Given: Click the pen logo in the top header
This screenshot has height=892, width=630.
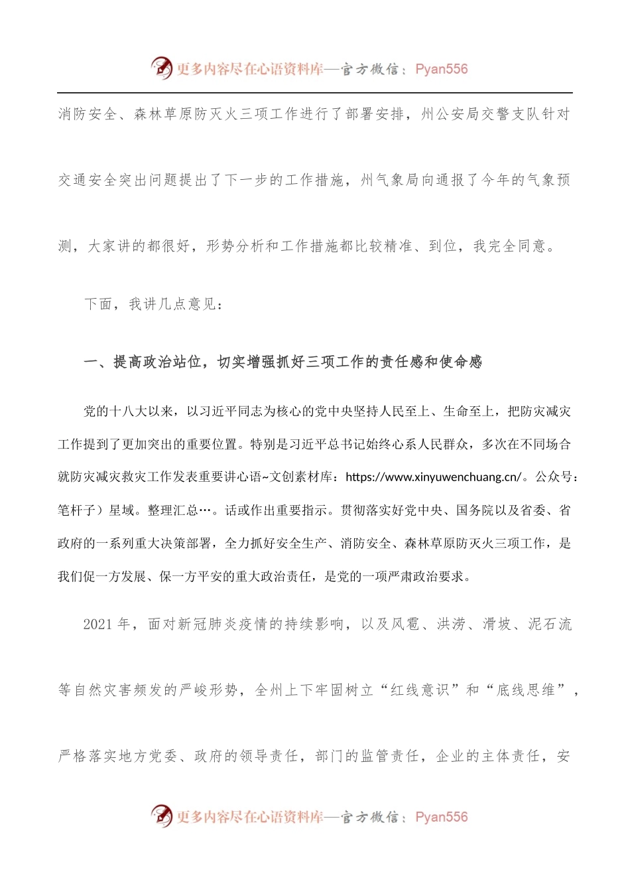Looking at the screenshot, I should point(162,68).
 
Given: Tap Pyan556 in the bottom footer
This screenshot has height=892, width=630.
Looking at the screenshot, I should point(441,817).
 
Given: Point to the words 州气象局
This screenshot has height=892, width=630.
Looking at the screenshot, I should point(390,180).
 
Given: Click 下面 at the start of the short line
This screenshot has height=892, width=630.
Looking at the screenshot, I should point(98,305).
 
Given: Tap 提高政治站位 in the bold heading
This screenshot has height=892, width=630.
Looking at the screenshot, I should point(157,362).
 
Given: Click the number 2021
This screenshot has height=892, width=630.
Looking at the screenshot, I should point(98,624).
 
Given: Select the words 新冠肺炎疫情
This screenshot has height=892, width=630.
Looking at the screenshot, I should point(223,624).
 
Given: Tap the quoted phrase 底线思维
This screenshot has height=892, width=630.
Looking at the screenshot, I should point(526,690).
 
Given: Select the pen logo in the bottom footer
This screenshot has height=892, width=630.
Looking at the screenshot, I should point(162,816).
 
